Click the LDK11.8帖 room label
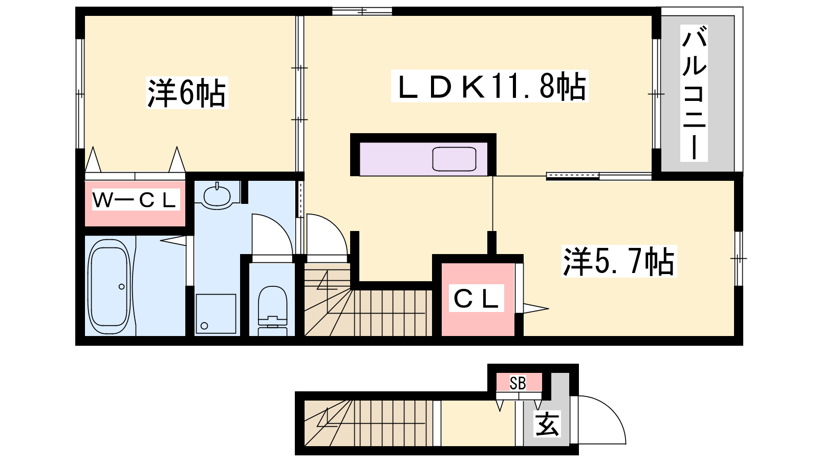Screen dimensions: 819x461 tap(490, 86)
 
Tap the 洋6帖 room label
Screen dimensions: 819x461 tap(187, 93)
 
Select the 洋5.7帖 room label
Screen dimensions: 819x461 tap(619, 261)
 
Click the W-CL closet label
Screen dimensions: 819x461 tap(135, 199)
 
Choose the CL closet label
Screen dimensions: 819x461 tap(477, 298)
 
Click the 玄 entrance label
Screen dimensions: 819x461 tap(547, 424)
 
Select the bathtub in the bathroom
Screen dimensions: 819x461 tap(110, 286)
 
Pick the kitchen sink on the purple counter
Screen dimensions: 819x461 tap(454, 159)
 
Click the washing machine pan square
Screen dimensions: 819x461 tap(215, 314)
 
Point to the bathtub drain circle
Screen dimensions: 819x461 tap(121, 287)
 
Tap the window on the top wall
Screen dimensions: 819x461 tap(362, 11)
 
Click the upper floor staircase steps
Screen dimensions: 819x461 tap(368, 303)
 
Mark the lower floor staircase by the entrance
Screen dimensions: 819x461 tap(369, 423)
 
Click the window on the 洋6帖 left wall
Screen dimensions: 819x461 tap(80, 94)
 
